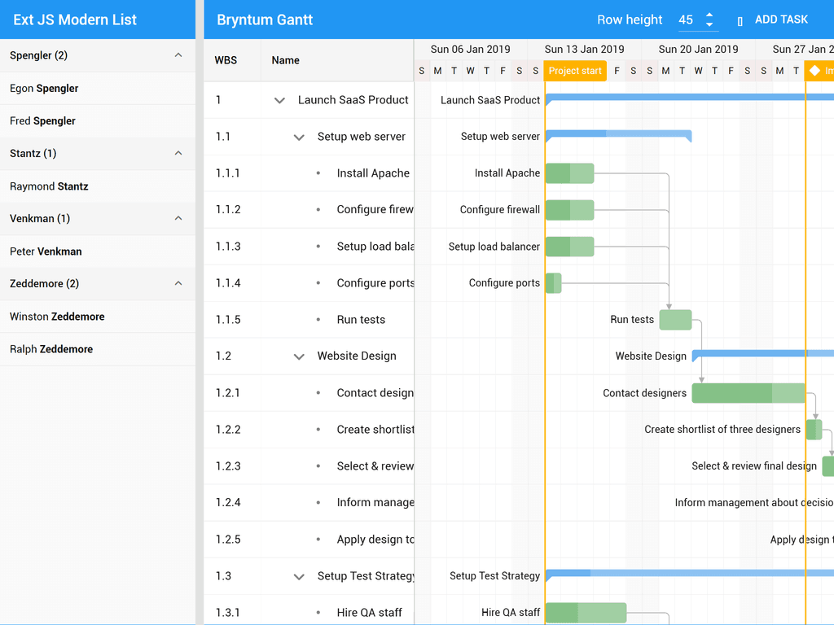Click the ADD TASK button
[x=773, y=20]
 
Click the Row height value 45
[x=686, y=20]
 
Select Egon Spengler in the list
[x=44, y=88]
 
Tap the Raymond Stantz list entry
[x=49, y=186]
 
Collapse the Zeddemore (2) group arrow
[x=178, y=283]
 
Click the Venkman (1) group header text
[x=40, y=218]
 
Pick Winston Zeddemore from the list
[x=57, y=317]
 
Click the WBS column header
[x=226, y=60]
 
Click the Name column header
[x=286, y=60]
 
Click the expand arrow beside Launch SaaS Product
[x=279, y=100]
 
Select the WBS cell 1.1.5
[x=228, y=320]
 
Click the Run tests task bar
[x=675, y=320]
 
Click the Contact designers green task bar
[x=748, y=393]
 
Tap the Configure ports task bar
[x=553, y=283]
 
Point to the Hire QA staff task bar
[x=585, y=613]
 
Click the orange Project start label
[x=575, y=71]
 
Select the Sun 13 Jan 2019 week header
[x=584, y=49]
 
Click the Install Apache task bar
[x=569, y=173]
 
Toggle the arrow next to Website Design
[x=299, y=356]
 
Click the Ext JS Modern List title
[x=75, y=20]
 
